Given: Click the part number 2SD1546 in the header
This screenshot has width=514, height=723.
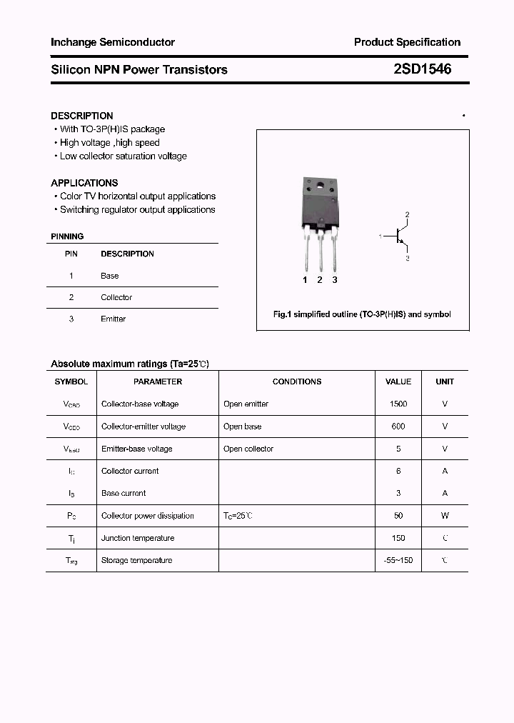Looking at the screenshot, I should [422, 69].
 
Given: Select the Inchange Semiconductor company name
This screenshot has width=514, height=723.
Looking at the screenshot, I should [113, 42].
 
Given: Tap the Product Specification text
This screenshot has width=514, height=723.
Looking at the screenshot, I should [407, 42].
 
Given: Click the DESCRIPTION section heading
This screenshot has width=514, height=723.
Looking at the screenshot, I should [82, 116].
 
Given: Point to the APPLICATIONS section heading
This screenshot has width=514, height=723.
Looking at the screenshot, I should [84, 183].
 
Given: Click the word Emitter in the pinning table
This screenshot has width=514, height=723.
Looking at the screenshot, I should [113, 319].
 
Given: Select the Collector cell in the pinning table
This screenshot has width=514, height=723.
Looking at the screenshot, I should [116, 297].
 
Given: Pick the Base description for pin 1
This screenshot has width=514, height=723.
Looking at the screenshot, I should [109, 276].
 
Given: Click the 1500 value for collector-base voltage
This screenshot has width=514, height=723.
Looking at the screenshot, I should [398, 404].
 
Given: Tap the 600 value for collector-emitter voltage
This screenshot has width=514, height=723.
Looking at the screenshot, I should [398, 427].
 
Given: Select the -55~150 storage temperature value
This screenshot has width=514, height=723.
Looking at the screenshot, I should [398, 561].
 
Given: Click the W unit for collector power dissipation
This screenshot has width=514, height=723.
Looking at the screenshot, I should [445, 516].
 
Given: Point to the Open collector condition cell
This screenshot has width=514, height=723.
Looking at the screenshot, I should [248, 449].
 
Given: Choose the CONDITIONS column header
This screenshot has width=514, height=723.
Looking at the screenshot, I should [297, 382].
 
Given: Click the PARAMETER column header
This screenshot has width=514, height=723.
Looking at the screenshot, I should [158, 382].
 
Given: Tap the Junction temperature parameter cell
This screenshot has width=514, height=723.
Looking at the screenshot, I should [138, 539].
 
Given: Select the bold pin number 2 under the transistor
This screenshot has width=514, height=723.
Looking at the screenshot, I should [320, 280].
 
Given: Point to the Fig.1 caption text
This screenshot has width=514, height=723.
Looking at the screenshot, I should [363, 314].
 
